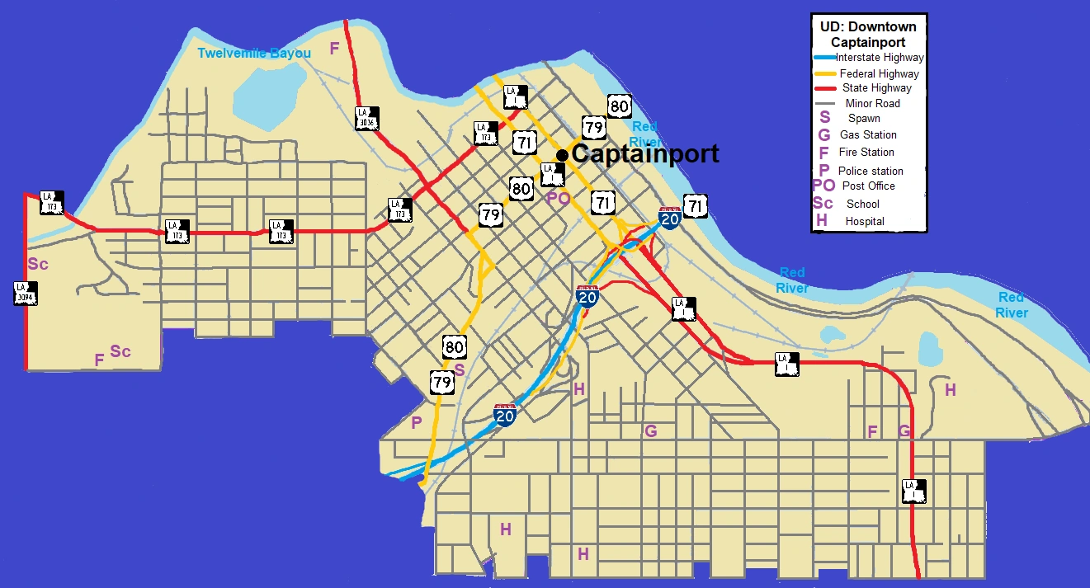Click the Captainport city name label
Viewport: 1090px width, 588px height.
coord(644,154)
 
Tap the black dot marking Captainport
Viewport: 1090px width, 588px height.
coord(562,155)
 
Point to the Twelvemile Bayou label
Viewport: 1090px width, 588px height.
coord(254,54)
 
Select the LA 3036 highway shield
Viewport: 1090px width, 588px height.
coord(367,119)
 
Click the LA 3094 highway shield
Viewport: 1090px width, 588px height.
coord(25,293)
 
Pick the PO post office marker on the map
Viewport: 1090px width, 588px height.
coord(559,198)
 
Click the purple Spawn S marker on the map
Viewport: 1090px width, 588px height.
coord(460,370)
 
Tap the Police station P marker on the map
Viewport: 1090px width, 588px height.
coord(416,423)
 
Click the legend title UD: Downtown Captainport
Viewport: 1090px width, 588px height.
coord(868,34)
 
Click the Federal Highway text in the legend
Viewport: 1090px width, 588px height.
coord(880,73)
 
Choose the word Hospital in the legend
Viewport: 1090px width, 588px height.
coord(865,221)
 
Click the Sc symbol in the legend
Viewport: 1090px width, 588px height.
coord(823,204)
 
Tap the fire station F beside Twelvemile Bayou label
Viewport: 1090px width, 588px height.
coord(334,49)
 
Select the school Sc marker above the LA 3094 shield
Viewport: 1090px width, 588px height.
coord(38,265)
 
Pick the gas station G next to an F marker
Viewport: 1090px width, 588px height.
coord(904,431)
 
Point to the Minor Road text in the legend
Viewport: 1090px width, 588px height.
coord(873,103)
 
